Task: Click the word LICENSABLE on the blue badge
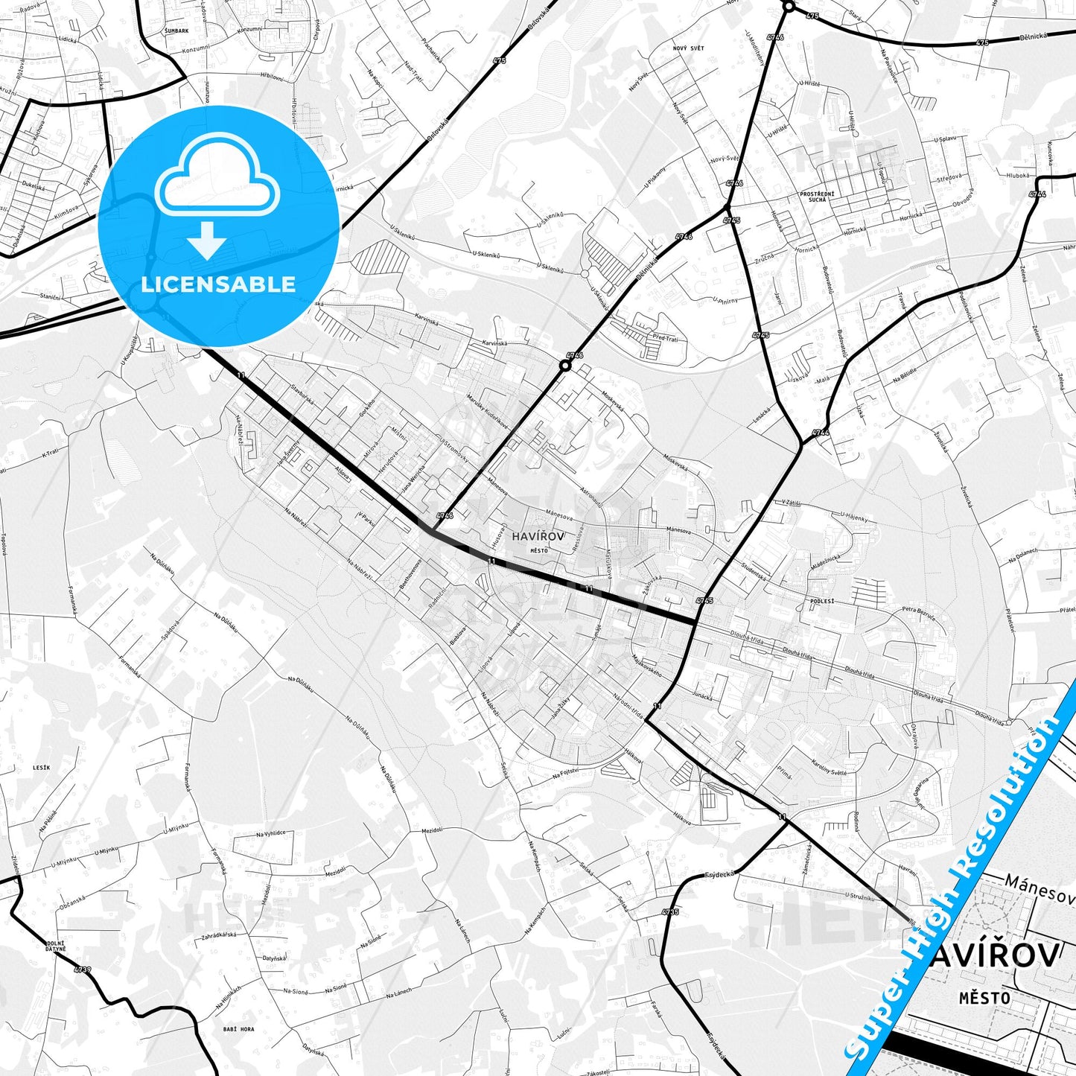coord(218,284)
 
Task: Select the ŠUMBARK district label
coord(176,31)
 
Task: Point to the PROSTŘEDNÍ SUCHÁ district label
coord(817,197)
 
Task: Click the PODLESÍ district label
coord(823,599)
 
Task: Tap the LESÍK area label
coord(42,767)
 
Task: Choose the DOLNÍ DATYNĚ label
coord(54,947)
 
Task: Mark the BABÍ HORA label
coord(238,1029)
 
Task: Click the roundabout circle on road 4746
coord(565,365)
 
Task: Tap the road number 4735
coord(669,911)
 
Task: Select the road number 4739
coord(82,969)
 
